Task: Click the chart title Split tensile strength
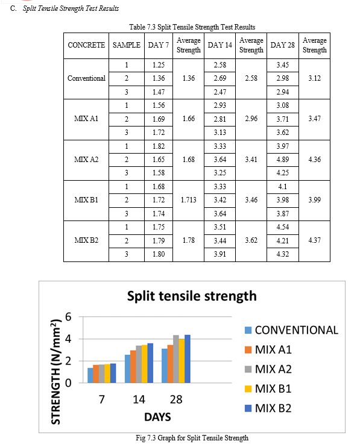point(192,296)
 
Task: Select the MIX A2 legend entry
point(268,369)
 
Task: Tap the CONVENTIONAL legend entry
point(291,330)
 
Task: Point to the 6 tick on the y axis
point(68,317)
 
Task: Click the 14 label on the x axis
point(139,399)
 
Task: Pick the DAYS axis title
point(157,417)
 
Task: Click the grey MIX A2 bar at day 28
point(176,359)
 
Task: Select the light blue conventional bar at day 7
point(90,375)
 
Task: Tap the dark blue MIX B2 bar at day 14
point(150,363)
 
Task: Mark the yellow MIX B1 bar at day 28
point(182,361)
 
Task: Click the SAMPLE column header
point(127,45)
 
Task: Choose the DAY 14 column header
point(220,45)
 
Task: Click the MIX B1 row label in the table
point(86,200)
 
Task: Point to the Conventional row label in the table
point(86,78)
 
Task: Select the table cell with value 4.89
point(283,160)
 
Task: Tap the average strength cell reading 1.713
point(189,200)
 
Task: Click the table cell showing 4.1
point(283,186)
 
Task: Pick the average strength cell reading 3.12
point(315,78)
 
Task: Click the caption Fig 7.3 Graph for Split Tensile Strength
point(192,438)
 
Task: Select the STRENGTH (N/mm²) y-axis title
point(56,372)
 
